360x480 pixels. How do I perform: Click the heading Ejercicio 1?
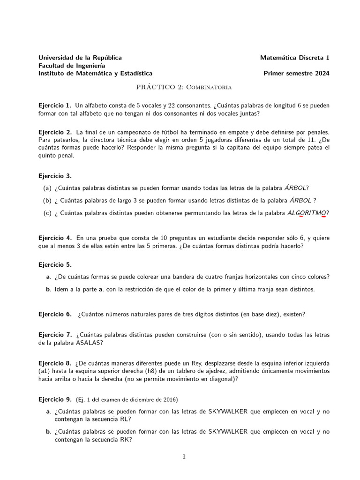(x=55, y=105)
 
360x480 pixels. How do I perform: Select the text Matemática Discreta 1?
(x=295, y=58)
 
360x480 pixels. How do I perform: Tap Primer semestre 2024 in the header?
(x=296, y=73)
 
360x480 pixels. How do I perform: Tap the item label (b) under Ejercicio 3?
(x=47, y=201)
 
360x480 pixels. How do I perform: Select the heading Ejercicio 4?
(x=55, y=238)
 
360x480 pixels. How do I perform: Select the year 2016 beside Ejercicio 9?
(x=169, y=400)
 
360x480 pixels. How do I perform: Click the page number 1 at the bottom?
(x=184, y=457)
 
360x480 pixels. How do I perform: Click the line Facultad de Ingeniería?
(x=72, y=66)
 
